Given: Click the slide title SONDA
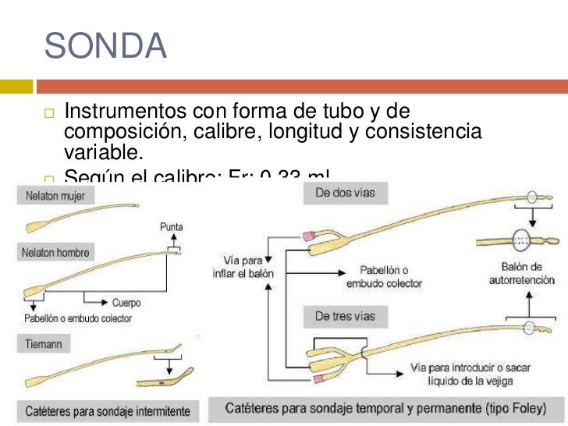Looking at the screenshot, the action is point(106,46).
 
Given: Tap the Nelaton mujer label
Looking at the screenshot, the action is point(55,196).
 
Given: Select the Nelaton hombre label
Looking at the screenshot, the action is point(57,253).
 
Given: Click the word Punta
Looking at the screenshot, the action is point(172,227).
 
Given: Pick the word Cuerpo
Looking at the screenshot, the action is point(126,303).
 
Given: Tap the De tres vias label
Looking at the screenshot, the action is point(346,316).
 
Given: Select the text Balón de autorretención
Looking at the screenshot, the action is point(521,273).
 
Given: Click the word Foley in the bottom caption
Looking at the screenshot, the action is point(523,408).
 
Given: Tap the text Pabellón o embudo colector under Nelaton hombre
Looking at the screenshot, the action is point(78,318).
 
